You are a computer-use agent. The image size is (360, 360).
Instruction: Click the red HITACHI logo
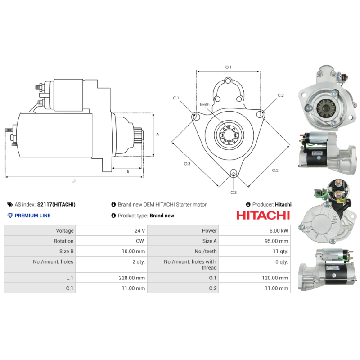tap(263, 216)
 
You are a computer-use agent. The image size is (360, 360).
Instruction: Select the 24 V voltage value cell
tap(139, 230)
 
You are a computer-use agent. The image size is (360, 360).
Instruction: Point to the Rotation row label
tap(63, 241)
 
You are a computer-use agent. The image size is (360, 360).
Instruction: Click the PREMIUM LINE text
tap(32, 216)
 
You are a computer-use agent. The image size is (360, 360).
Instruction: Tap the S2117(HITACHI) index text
tap(56, 204)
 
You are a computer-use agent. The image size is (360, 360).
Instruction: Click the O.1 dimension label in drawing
tap(228, 67)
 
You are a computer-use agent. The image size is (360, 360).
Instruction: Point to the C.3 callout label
tap(234, 193)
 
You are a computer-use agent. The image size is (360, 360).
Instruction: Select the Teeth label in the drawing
tap(204, 105)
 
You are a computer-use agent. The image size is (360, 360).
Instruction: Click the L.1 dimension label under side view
tap(73, 181)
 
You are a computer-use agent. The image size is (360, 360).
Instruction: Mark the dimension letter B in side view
tap(128, 171)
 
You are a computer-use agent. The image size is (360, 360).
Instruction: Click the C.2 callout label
tap(281, 95)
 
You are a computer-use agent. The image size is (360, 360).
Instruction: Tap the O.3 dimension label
tap(187, 164)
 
